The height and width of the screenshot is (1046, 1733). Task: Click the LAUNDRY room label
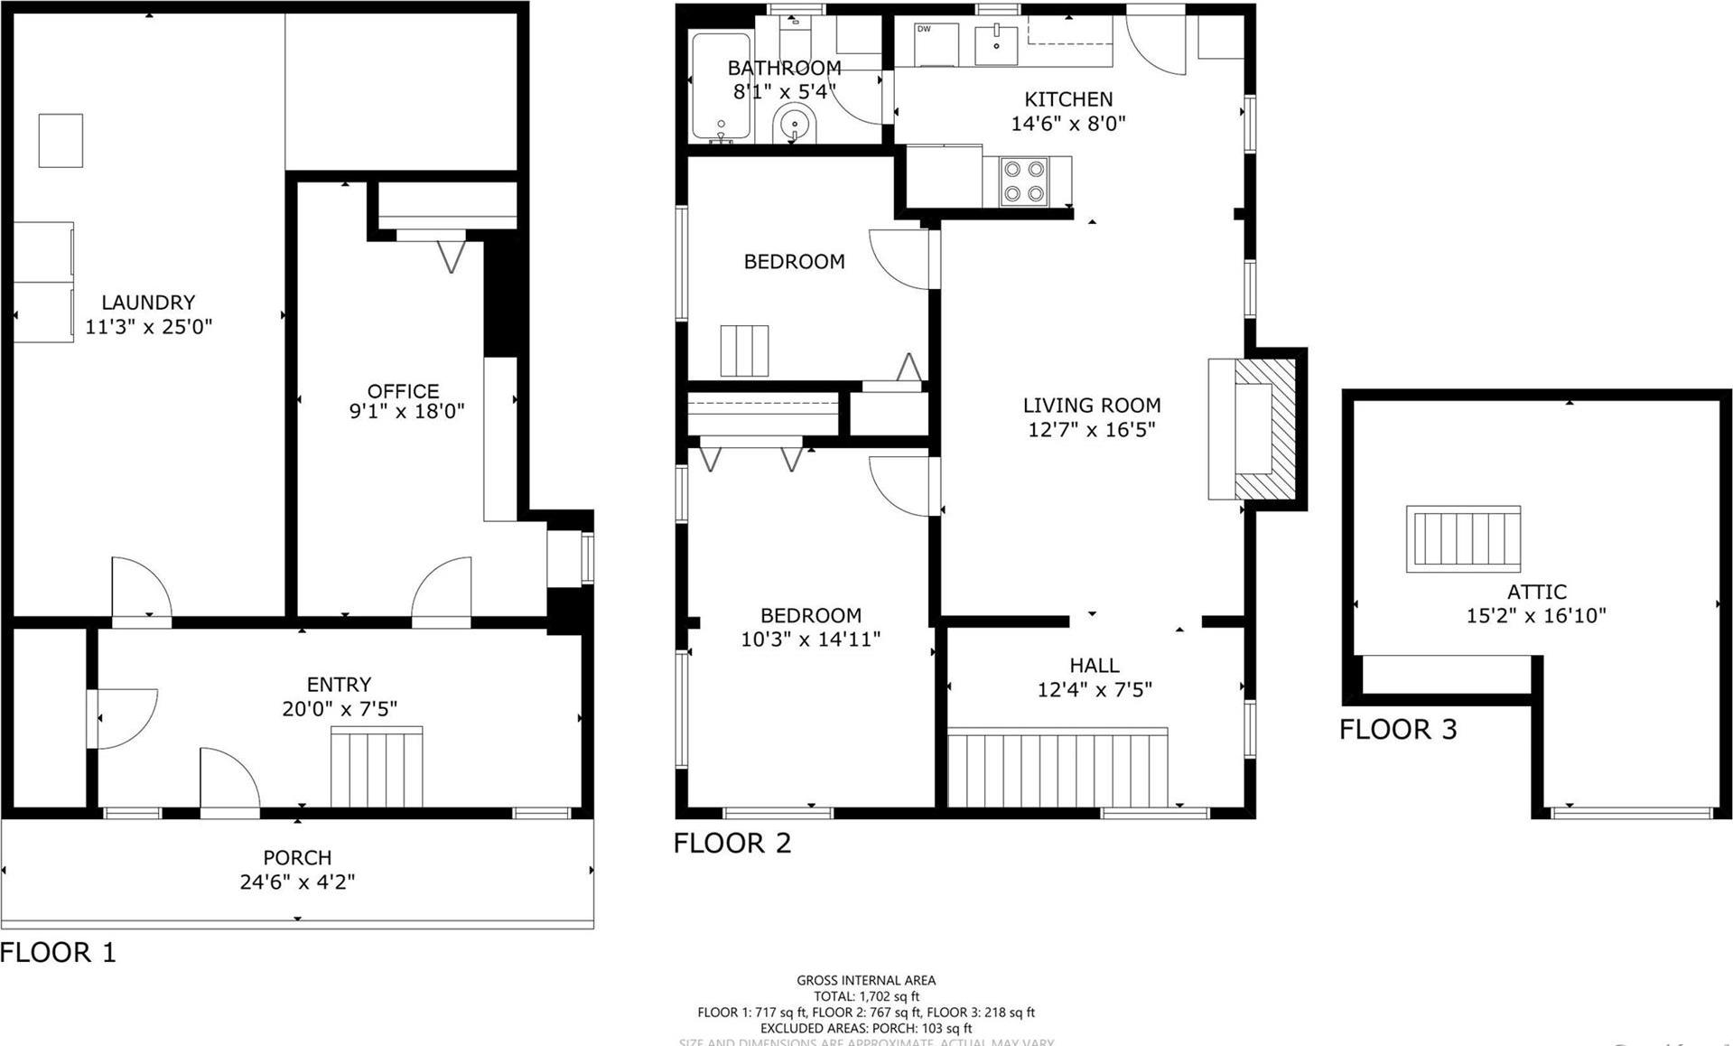point(148,303)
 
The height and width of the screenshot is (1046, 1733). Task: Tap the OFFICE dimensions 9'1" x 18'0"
point(406,412)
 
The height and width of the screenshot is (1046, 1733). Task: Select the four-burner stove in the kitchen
point(1024,181)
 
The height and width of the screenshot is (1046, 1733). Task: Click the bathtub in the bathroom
point(721,88)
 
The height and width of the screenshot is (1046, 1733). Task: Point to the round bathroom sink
point(795,122)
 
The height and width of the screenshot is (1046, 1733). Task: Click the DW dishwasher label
point(924,29)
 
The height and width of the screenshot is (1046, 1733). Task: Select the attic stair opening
point(1463,538)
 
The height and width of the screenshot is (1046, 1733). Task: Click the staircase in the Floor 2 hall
point(1057,767)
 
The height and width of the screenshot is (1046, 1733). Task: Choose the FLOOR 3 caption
point(1397,729)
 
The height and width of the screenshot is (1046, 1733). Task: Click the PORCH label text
point(297,857)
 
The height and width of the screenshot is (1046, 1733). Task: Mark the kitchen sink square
point(996,45)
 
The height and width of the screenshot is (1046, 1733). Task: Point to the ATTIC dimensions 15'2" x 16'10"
point(1535,616)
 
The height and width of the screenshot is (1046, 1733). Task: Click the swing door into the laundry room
point(140,588)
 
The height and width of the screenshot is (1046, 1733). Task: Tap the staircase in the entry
point(377,767)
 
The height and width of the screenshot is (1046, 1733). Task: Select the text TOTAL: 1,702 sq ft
point(866,996)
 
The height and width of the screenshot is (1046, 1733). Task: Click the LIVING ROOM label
point(1091,406)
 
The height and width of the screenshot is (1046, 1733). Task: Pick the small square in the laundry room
point(61,140)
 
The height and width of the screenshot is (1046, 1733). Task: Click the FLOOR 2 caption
point(731,843)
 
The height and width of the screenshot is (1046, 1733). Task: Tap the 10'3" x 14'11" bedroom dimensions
point(810,640)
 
